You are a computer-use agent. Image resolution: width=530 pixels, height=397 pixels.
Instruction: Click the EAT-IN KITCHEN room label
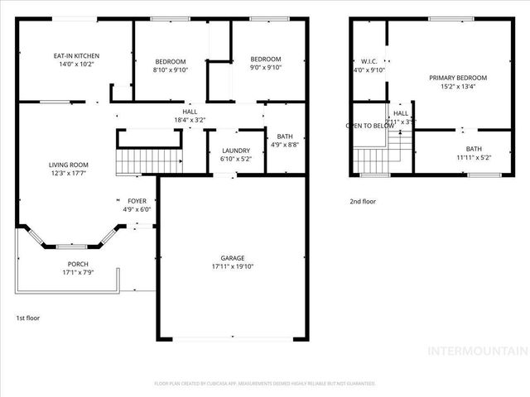[76, 56]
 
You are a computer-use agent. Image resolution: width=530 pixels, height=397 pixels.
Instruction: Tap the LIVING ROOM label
[68, 165]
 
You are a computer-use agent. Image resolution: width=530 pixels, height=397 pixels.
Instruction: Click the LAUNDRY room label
[235, 150]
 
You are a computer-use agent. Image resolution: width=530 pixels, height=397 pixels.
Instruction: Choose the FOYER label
[136, 201]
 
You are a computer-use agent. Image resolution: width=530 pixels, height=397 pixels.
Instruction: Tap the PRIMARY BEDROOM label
[457, 78]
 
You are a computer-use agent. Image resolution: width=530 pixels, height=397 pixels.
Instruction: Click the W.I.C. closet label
[369, 60]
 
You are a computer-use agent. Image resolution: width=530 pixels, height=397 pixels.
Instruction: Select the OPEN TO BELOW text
[369, 127]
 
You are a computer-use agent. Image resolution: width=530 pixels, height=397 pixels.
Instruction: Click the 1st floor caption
[27, 318]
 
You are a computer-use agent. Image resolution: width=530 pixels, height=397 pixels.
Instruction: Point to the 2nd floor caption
[363, 201]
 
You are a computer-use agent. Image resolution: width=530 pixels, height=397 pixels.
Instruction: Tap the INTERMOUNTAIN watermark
[476, 351]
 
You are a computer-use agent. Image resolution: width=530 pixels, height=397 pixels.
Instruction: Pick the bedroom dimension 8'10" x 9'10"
[171, 69]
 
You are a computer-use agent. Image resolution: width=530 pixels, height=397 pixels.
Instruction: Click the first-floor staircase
[148, 160]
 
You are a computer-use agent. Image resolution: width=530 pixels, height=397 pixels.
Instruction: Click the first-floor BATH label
[285, 136]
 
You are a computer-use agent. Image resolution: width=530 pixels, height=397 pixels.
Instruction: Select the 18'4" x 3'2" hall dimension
[190, 120]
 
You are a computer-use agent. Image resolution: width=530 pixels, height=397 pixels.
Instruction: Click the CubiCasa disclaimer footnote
[265, 383]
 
